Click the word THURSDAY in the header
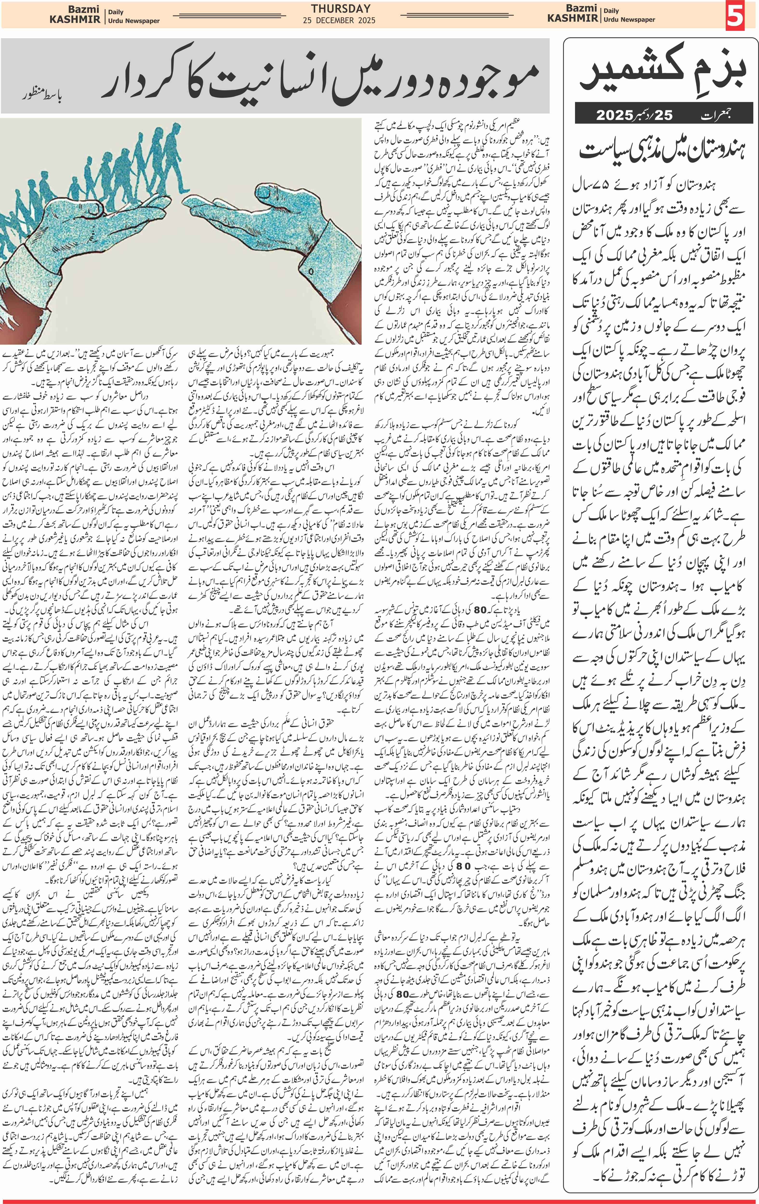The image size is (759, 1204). click(341, 8)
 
